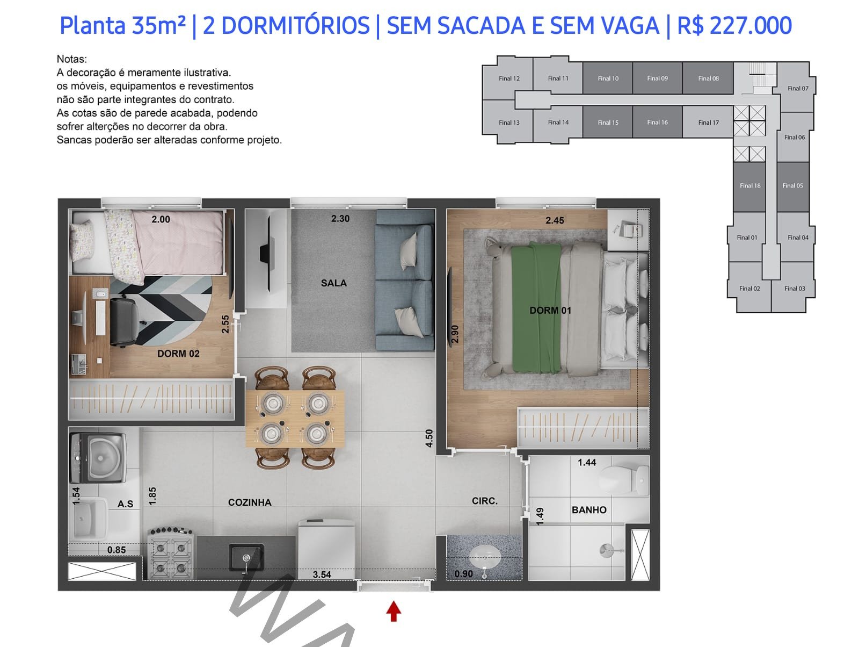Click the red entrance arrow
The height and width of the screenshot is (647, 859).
click(394, 612)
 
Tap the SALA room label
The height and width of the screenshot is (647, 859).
click(334, 283)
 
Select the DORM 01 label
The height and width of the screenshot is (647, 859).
click(550, 311)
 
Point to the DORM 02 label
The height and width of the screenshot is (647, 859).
click(178, 354)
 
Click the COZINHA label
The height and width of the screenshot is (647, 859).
click(250, 502)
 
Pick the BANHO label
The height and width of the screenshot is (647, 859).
click(589, 510)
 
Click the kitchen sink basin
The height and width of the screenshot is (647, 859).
click(246, 557)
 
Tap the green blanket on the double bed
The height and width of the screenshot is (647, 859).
click(536, 308)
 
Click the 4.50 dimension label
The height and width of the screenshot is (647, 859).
click(429, 438)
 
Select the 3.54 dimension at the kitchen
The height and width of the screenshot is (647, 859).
click(322, 574)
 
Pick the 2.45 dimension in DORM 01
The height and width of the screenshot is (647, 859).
click(555, 220)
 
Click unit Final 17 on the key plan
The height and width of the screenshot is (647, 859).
click(708, 122)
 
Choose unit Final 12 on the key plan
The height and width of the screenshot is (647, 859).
click(509, 78)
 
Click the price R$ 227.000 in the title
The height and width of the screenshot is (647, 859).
click(734, 26)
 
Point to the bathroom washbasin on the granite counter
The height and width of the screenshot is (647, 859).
click(485, 557)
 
